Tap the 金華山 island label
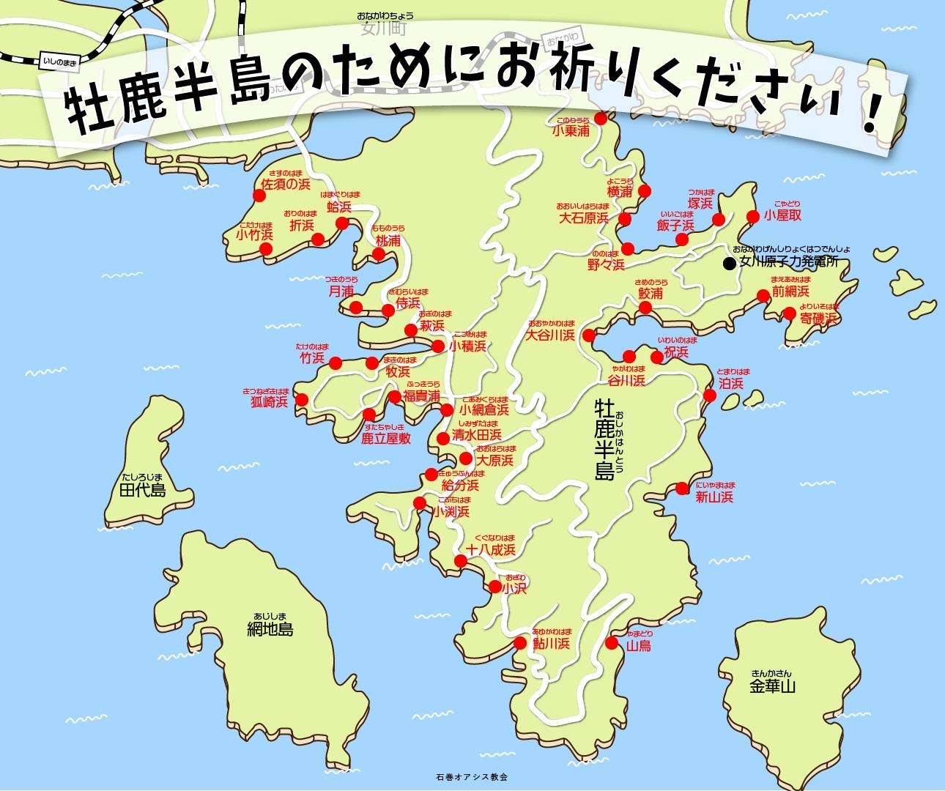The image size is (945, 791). [x=772, y=686]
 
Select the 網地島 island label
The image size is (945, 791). [x=270, y=628]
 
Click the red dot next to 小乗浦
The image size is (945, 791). [x=601, y=118]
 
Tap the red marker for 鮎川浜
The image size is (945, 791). [x=520, y=644]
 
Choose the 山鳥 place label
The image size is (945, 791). [x=639, y=646]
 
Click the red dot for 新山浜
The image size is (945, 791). [x=682, y=488]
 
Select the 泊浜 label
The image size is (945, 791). [x=730, y=383]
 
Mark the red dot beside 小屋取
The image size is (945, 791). [x=752, y=216]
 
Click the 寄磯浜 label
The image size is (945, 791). [x=818, y=319]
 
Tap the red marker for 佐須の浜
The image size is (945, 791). [x=259, y=196]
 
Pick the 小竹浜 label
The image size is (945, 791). [x=254, y=235]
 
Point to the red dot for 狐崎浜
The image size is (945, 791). [x=302, y=399]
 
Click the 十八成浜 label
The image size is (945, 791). [x=491, y=549]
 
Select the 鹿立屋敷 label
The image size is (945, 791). [x=386, y=439]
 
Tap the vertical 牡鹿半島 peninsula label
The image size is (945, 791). [x=605, y=439]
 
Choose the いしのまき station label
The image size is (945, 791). [x=60, y=63]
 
